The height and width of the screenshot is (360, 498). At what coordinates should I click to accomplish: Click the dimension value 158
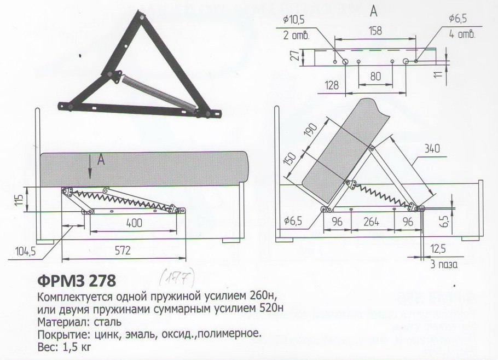point(375,32)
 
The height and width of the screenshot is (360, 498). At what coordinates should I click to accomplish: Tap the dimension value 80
point(375,77)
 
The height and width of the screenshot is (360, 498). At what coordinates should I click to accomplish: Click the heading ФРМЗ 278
point(77,281)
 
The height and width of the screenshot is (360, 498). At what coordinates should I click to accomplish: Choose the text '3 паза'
point(442,265)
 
